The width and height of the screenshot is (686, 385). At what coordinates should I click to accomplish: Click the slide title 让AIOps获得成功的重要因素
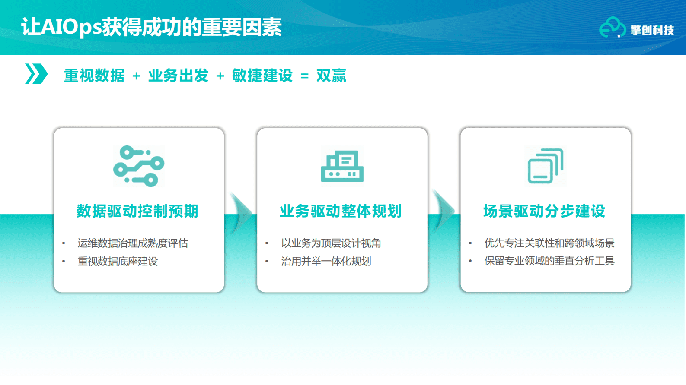[151, 27]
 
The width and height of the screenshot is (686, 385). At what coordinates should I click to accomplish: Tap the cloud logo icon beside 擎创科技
[612, 28]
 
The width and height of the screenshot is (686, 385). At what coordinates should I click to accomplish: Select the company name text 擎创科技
[652, 30]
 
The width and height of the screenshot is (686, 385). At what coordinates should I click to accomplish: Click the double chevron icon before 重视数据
[36, 74]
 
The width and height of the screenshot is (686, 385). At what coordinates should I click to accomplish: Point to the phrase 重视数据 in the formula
[94, 76]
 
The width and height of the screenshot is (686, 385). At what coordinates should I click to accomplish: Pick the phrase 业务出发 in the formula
[178, 76]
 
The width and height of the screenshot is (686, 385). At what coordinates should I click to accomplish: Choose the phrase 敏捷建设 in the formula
[262, 76]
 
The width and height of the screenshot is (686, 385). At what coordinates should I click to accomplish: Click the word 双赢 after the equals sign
[331, 76]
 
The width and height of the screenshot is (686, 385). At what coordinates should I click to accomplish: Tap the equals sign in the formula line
[304, 76]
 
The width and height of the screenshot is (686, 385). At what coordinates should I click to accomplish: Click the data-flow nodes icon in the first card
[139, 166]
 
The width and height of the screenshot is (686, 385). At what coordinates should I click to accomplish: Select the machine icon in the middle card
[342, 166]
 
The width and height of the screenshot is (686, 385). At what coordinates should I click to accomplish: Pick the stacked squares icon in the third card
[546, 166]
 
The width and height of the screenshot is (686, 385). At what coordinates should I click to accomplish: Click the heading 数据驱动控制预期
[137, 211]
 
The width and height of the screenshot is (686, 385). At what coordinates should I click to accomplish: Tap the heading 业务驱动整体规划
[341, 211]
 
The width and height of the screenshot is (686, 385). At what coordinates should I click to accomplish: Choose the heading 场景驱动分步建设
[544, 211]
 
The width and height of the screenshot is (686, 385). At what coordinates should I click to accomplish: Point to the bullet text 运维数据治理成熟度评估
[133, 243]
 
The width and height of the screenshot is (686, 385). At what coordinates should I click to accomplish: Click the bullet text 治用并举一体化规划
[326, 262]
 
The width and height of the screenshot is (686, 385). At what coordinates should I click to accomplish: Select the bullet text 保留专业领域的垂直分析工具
[549, 261]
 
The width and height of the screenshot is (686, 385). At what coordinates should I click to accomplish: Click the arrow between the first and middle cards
[240, 212]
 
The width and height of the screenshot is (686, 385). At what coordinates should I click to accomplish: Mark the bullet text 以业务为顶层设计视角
[331, 243]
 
